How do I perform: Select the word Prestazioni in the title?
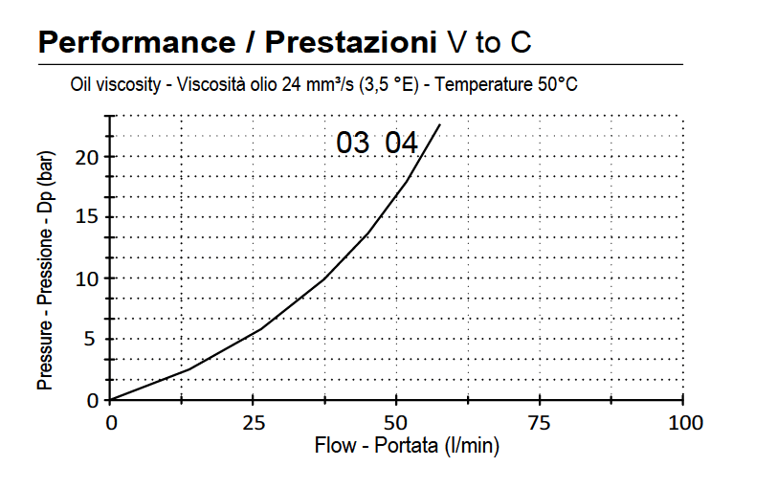[x=344, y=42]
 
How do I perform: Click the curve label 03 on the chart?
[x=352, y=144]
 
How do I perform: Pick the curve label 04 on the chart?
[x=401, y=144]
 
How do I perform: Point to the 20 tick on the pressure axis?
[x=88, y=157]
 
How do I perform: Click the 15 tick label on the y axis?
[x=88, y=217]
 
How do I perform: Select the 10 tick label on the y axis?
[x=88, y=278]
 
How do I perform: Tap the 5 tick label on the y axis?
[x=93, y=339]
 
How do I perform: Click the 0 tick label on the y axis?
[x=93, y=400]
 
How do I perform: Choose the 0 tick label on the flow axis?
[x=111, y=423]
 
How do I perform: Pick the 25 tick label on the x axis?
[x=254, y=423]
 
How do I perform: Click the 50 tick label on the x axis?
[x=396, y=423]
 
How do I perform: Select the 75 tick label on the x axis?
[x=540, y=423]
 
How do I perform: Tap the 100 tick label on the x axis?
[x=682, y=423]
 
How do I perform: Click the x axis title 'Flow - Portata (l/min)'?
[x=407, y=446]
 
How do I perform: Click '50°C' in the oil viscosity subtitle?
[x=557, y=85]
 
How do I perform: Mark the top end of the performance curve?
[x=440, y=124]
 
